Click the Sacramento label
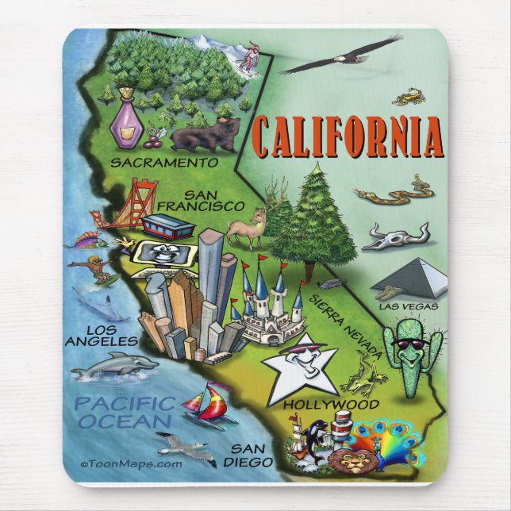coord(163,163)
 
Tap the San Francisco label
coord(201,200)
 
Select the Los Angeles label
coord(96,334)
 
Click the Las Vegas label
coord(408,306)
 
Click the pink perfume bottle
coord(125,121)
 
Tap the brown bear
coord(204,135)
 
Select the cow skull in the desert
coord(398,235)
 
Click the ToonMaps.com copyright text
coord(131,463)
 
